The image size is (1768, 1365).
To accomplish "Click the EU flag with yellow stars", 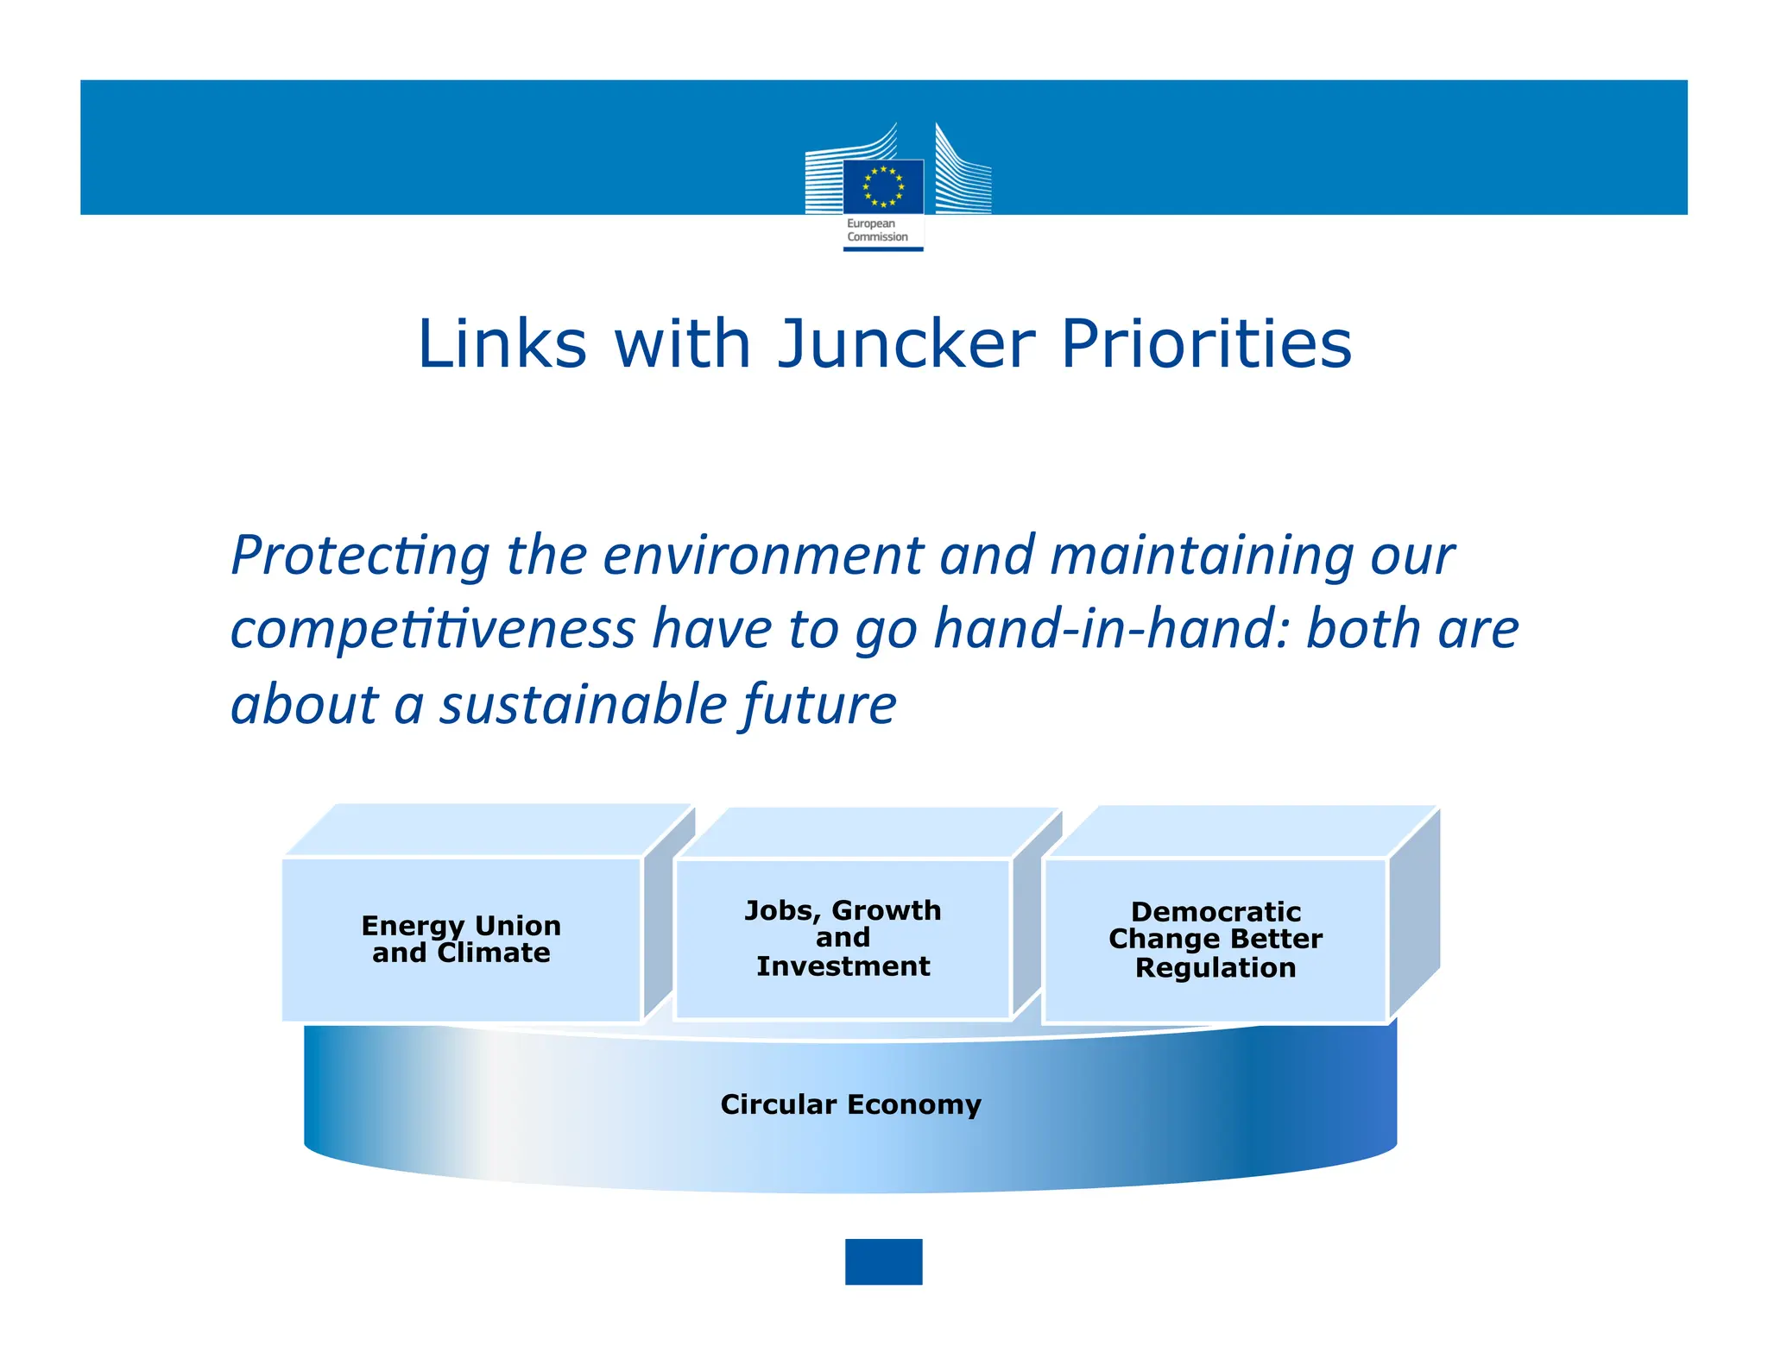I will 882,186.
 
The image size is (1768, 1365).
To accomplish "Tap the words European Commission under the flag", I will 877,230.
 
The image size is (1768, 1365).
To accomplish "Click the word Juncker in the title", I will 906,343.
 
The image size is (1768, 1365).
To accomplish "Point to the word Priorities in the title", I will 1206,343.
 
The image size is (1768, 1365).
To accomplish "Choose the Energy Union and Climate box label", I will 461,939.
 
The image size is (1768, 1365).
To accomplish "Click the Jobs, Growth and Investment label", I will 843,938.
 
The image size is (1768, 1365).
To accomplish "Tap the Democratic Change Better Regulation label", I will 1215,940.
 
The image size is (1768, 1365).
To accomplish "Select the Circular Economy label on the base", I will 850,1104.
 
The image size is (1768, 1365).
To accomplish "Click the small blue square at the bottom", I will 883,1261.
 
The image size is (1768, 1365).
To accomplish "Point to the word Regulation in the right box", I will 1215,968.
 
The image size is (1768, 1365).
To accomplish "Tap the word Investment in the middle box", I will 843,966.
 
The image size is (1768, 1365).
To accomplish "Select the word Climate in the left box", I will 494,953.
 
